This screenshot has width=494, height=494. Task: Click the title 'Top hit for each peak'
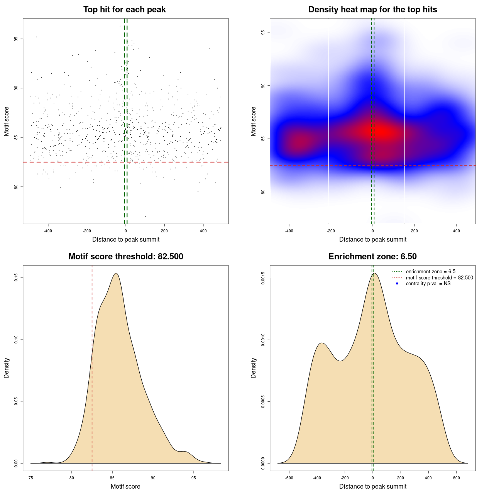[124, 10]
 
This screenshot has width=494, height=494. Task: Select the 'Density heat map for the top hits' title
[372, 10]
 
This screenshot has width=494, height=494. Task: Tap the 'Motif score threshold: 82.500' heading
[125, 257]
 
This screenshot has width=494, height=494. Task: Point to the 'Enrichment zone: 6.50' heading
[372, 257]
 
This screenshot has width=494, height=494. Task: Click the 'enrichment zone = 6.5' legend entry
[430, 272]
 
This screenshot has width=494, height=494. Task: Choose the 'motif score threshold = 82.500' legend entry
[439, 278]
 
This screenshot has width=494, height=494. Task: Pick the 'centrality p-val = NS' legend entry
[428, 284]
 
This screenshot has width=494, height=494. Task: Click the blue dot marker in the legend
[397, 284]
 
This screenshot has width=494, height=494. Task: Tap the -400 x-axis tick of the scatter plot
[48, 231]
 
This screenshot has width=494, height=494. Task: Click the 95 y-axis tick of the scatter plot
[16, 39]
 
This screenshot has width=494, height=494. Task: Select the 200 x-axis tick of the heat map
[414, 231]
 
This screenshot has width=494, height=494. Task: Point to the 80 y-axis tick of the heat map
[263, 192]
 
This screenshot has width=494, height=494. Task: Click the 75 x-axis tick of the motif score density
[31, 478]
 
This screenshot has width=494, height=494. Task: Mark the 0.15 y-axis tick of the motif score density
[16, 277]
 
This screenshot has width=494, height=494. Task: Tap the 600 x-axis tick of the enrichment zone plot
[456, 478]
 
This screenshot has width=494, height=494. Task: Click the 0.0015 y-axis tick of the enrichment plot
[263, 278]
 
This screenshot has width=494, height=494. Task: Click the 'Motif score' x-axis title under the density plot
[125, 486]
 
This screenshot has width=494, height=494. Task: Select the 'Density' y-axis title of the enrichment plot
[254, 368]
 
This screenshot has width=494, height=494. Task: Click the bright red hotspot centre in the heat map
[380, 132]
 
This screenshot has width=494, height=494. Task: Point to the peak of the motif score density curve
[116, 273]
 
